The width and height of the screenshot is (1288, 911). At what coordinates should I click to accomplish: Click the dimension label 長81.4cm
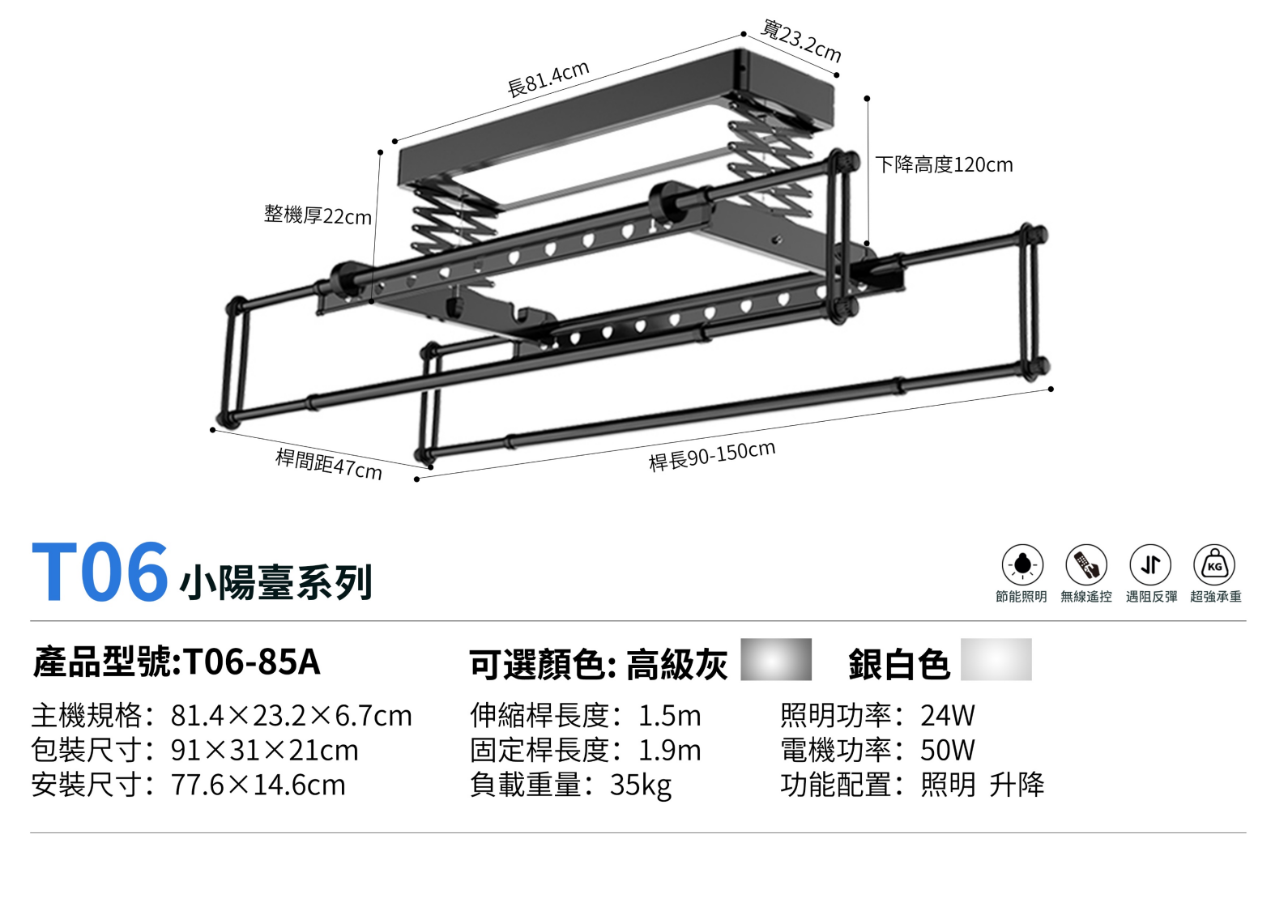click(548, 79)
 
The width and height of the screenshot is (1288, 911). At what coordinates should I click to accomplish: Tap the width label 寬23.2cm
click(801, 40)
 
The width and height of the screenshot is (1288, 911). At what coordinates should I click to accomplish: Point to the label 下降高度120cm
click(944, 165)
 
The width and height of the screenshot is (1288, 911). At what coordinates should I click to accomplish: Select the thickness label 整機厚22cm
click(318, 215)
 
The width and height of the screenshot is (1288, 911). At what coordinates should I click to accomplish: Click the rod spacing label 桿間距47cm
click(329, 464)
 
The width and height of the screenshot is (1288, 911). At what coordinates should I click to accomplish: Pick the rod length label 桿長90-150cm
click(712, 456)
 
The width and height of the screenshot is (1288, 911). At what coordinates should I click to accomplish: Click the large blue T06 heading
click(100, 573)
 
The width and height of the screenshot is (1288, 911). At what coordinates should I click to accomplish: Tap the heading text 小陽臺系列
click(275, 582)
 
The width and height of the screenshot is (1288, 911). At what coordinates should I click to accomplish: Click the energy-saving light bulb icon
click(1022, 564)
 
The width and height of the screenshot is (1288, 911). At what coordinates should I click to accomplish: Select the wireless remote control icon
click(1086, 564)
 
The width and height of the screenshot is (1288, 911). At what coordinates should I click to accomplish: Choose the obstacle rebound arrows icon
click(1150, 564)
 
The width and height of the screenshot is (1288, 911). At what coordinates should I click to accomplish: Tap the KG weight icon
click(1214, 564)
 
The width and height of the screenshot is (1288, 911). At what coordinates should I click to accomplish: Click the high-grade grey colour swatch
click(776, 659)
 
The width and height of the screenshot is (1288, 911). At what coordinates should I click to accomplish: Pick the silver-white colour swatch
click(996, 659)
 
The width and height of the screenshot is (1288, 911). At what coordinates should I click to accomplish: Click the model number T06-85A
click(252, 662)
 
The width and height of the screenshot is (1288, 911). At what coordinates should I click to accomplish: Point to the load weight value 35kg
click(641, 785)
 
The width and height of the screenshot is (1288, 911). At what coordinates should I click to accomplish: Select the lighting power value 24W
click(948, 716)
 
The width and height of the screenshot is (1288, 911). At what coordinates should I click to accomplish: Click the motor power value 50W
click(948, 751)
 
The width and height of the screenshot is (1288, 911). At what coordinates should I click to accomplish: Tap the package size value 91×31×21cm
click(264, 751)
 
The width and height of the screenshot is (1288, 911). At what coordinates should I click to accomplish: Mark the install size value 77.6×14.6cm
click(258, 785)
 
